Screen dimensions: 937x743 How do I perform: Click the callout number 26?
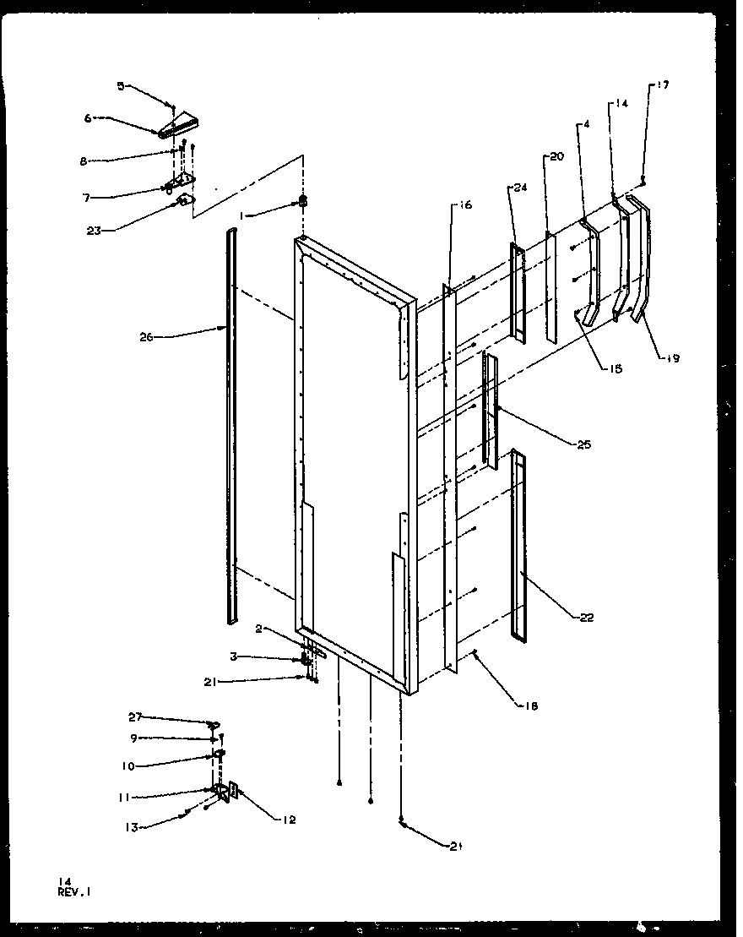coord(146,336)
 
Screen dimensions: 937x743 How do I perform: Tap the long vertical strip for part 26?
coord(231,422)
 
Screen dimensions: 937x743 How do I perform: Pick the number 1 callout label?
coord(242,216)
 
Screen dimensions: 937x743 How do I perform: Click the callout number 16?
coord(466,205)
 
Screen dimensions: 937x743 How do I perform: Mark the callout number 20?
coord(556,156)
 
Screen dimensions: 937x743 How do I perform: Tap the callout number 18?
coord(530,705)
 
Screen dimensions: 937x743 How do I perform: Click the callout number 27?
coord(136,716)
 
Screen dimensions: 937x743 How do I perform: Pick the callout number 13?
coord(132,827)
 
